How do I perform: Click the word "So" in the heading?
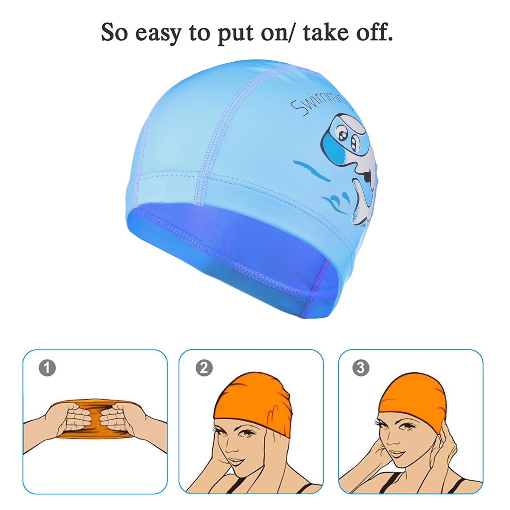click(x=114, y=32)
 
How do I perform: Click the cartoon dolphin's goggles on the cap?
click(x=344, y=143)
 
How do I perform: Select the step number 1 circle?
click(x=47, y=368)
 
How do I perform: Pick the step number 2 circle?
click(x=204, y=368)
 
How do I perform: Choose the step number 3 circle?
click(x=361, y=368)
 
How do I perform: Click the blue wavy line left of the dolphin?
click(x=311, y=170)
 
